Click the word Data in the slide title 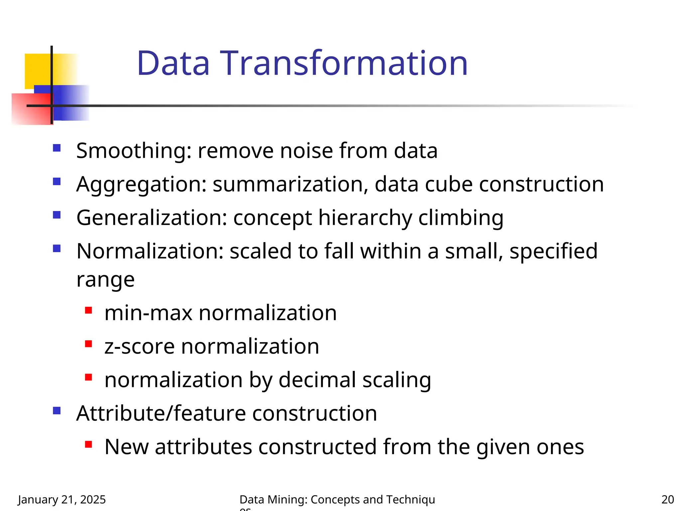coord(173,63)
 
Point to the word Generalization coord(152,218)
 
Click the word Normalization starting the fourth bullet coord(150,251)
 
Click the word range coord(105,279)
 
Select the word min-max coord(148,313)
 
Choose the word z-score coord(139,346)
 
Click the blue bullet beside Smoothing coord(57,148)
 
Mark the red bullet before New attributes coord(88,444)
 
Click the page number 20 coord(667,499)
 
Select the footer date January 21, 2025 coord(62,499)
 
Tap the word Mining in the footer coord(287,499)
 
